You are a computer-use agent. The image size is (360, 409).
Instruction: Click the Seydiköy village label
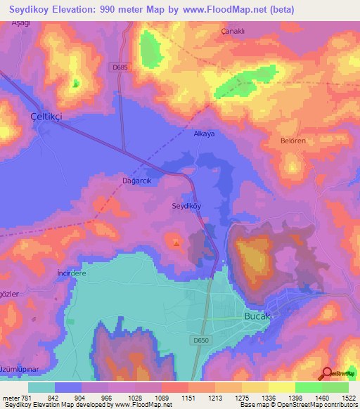pos(187,206)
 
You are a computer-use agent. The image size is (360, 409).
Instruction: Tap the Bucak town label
pos(256,316)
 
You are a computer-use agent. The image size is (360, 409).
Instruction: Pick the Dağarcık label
pos(137,179)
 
